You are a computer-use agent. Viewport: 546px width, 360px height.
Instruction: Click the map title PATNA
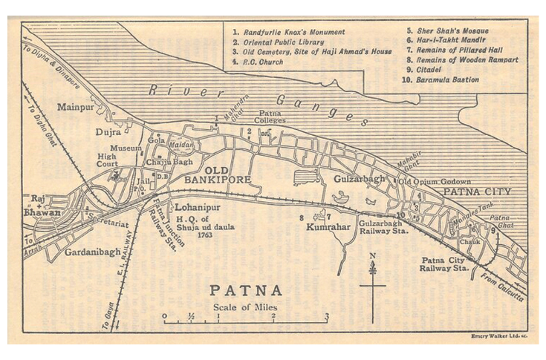pos(245,290)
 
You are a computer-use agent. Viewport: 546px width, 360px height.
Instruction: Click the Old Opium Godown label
pos(435,181)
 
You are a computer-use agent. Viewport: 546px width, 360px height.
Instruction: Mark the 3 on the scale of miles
pos(326,316)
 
